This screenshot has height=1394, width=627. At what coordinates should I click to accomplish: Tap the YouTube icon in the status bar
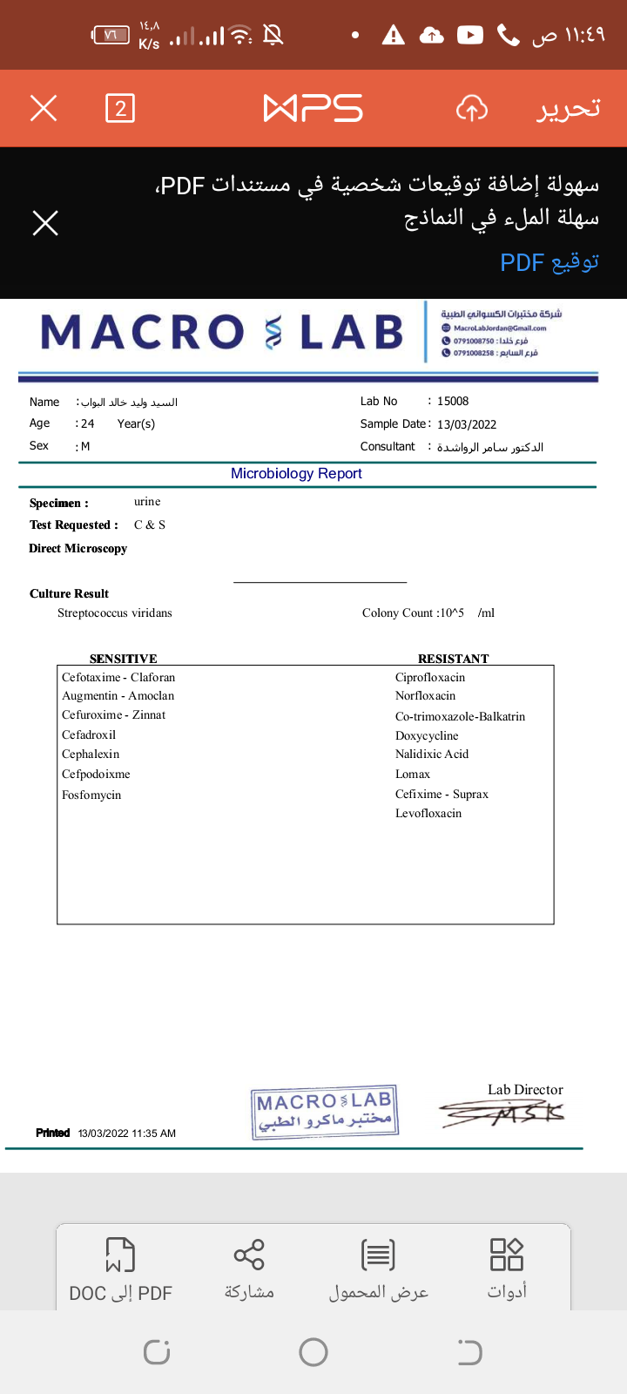pyautogui.click(x=469, y=35)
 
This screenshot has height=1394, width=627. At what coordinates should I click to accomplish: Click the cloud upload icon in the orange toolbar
pyautogui.click(x=471, y=109)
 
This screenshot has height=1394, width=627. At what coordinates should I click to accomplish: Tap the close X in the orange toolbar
pyautogui.click(x=44, y=109)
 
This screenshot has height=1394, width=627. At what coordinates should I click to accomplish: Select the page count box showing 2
pyautogui.click(x=120, y=109)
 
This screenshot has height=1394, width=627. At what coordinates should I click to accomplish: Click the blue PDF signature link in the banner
pyautogui.click(x=549, y=262)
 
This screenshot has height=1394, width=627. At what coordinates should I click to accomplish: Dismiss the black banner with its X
pyautogui.click(x=45, y=223)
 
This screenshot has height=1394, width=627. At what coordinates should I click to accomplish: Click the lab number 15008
pyautogui.click(x=453, y=402)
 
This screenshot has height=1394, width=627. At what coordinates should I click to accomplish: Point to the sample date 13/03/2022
pyautogui.click(x=467, y=424)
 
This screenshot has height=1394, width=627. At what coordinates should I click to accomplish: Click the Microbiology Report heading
pyautogui.click(x=296, y=473)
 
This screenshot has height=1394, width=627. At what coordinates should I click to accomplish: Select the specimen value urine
pyautogui.click(x=147, y=502)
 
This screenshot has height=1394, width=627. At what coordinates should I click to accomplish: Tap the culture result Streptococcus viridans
pyautogui.click(x=115, y=613)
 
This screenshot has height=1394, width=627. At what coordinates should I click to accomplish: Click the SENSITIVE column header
pyautogui.click(x=124, y=659)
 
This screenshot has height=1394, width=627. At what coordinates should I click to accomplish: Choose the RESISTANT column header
pyautogui.click(x=453, y=659)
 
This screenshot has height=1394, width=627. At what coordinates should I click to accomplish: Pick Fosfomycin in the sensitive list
pyautogui.click(x=91, y=795)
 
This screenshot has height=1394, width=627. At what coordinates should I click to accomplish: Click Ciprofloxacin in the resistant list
pyautogui.click(x=430, y=678)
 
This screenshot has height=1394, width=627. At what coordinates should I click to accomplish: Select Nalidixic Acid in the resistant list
pyautogui.click(x=432, y=755)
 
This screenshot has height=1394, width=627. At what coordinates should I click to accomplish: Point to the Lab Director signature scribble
pyautogui.click(x=503, y=1112)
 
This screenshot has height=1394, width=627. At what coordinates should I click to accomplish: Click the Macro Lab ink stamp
pyautogui.click(x=325, y=1111)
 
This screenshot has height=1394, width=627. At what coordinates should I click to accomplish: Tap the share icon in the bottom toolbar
pyautogui.click(x=249, y=1255)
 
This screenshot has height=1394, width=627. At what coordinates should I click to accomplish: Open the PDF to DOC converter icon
pyautogui.click(x=120, y=1255)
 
